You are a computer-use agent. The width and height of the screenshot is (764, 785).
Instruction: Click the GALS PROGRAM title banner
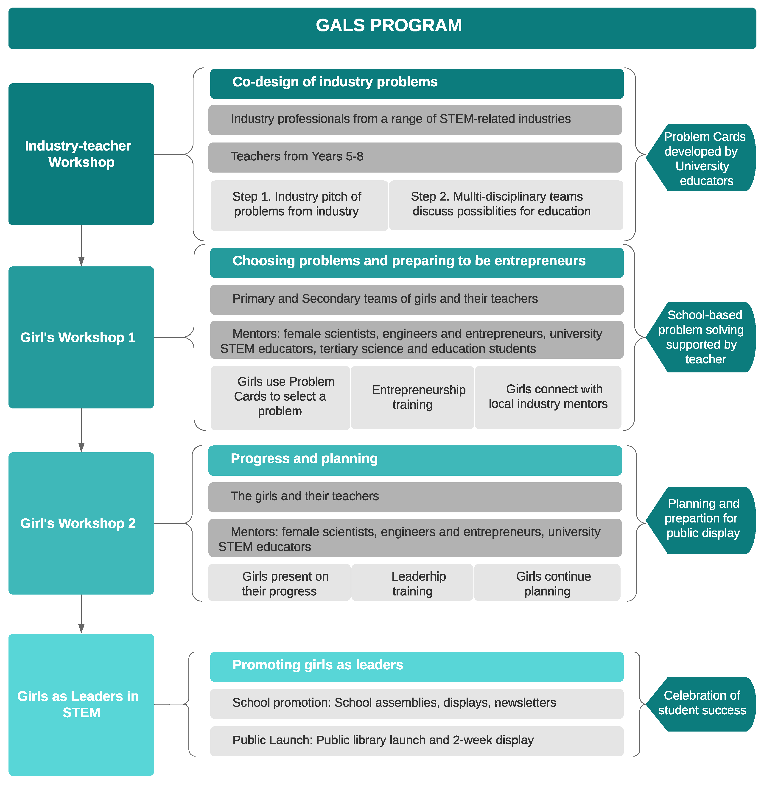point(382,28)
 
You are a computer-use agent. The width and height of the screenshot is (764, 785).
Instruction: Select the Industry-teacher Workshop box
point(81,154)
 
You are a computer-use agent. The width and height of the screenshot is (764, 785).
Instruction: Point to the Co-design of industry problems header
point(417,84)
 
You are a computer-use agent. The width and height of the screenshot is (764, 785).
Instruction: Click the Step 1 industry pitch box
point(299,205)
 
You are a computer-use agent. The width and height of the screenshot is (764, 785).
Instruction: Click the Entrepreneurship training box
point(412,397)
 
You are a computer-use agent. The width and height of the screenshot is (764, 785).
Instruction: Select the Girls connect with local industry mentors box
point(548,397)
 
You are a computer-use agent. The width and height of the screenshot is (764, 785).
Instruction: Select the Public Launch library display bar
point(417,740)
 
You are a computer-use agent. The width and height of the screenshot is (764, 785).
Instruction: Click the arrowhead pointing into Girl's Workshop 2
point(81,447)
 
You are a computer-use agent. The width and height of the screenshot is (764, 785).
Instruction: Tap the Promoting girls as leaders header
point(417,666)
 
